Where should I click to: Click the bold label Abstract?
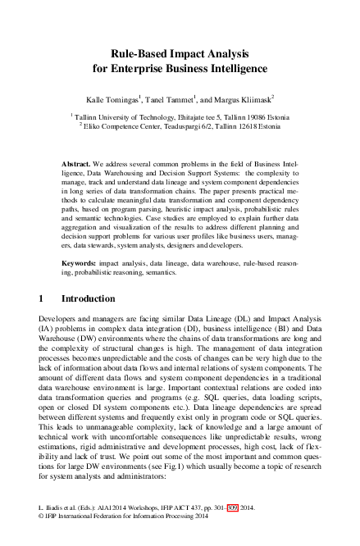(x=77, y=165)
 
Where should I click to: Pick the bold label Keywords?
(x=81, y=239)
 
